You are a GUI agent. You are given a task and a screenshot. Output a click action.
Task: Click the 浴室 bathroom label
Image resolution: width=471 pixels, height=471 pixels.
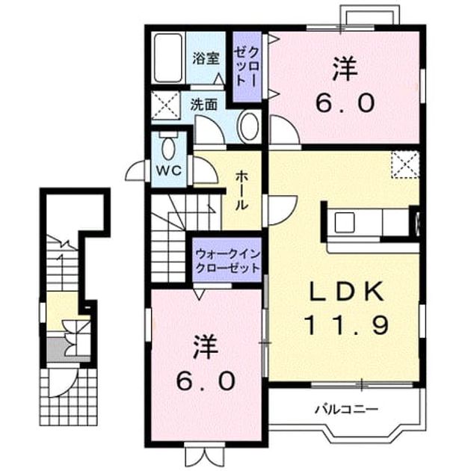point(206,58)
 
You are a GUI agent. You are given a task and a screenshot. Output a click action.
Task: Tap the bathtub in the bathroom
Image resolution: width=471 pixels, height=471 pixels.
point(168,58)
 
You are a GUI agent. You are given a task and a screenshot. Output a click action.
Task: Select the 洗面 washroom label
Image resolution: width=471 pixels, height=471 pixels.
point(204,105)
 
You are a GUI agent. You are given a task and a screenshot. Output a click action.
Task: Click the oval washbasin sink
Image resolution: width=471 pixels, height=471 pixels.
point(249,126)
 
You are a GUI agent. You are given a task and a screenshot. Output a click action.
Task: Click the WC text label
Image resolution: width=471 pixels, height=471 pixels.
point(169,171)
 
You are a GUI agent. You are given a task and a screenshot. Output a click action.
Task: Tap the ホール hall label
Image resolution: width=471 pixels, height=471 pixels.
point(241,190)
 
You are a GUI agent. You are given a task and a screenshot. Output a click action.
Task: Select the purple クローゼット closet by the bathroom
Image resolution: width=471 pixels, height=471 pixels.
point(247,67)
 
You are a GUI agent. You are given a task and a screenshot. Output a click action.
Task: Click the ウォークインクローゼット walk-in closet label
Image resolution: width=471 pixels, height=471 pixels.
point(227,261)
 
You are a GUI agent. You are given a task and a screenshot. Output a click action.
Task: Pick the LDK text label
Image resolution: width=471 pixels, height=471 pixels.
point(346,292)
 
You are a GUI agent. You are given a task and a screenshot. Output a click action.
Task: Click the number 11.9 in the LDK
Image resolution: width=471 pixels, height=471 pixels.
point(346,325)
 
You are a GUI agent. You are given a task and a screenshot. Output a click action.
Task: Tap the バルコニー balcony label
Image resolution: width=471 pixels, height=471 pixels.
point(345,409)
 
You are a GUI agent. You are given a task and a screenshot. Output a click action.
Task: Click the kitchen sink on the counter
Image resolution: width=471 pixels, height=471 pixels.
point(344,222)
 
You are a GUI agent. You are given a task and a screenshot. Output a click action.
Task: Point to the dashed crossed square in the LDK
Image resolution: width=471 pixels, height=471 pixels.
point(405,164)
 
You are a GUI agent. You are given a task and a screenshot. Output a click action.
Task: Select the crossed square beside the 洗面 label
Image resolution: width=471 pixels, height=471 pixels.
point(165,105)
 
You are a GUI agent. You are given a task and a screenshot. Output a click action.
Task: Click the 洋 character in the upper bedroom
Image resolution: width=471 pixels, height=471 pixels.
point(345,70)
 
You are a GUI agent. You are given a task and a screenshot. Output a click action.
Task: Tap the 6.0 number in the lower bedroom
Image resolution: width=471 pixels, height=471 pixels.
point(205,381)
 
